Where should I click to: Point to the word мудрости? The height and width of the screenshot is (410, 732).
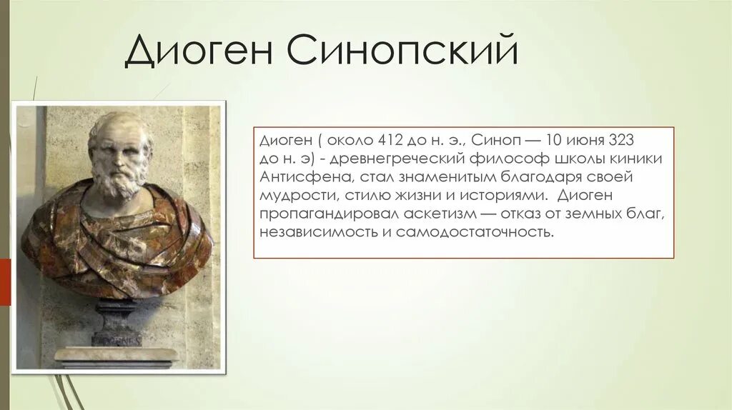(291, 195)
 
